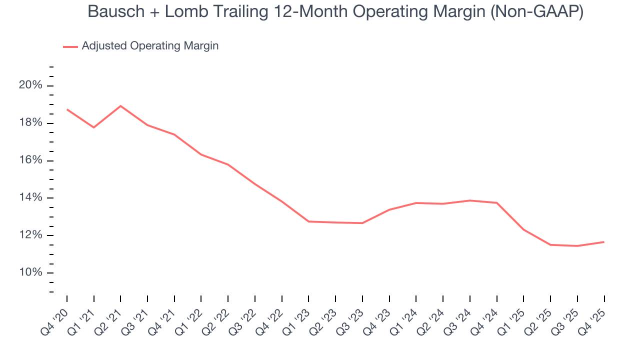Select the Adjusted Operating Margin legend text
150,46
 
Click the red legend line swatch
70,46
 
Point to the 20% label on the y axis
30,85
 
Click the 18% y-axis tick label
30,123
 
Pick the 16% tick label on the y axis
30,160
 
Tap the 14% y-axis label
30,198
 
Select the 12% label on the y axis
30,235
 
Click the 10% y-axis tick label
30,272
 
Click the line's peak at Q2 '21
120,106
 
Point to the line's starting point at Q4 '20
67,109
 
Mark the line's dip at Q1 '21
93,127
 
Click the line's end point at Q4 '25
603,242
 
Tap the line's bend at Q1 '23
308,221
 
